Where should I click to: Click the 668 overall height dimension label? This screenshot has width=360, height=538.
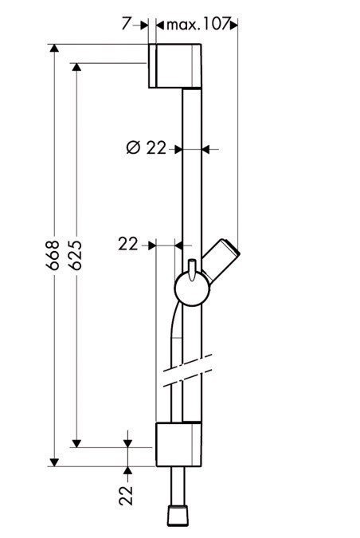(53, 255)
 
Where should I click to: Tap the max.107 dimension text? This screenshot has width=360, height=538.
(196, 25)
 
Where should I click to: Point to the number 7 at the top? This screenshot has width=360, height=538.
(126, 25)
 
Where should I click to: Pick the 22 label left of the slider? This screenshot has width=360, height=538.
(128, 245)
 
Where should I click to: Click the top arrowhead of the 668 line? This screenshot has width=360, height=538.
(55, 49)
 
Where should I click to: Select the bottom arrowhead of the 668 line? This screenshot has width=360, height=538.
(55, 461)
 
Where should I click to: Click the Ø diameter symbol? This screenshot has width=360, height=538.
(133, 147)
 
